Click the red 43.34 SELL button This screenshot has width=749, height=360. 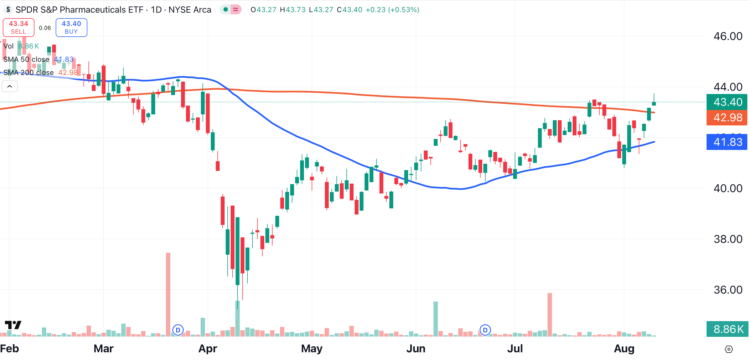pyautogui.click(x=18, y=28)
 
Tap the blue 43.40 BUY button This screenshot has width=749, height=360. pyautogui.click(x=71, y=28)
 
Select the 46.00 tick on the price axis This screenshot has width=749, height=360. pyautogui.click(x=728, y=36)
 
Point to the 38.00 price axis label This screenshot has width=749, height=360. pyautogui.click(x=728, y=239)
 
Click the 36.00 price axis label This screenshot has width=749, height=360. pyautogui.click(x=728, y=290)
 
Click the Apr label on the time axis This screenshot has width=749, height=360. pyautogui.click(x=208, y=348)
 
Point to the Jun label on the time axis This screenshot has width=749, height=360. pyautogui.click(x=416, y=348)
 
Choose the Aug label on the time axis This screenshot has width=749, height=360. pyautogui.click(x=624, y=348)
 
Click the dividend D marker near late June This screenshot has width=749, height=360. pyautogui.click(x=485, y=330)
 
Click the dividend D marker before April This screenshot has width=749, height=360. pyautogui.click(x=178, y=330)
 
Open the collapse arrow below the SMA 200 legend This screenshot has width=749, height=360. pyautogui.click(x=10, y=86)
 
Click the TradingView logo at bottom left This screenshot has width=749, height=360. pyautogui.click(x=13, y=325)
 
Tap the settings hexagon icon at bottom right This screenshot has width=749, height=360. pyautogui.click(x=729, y=349)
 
